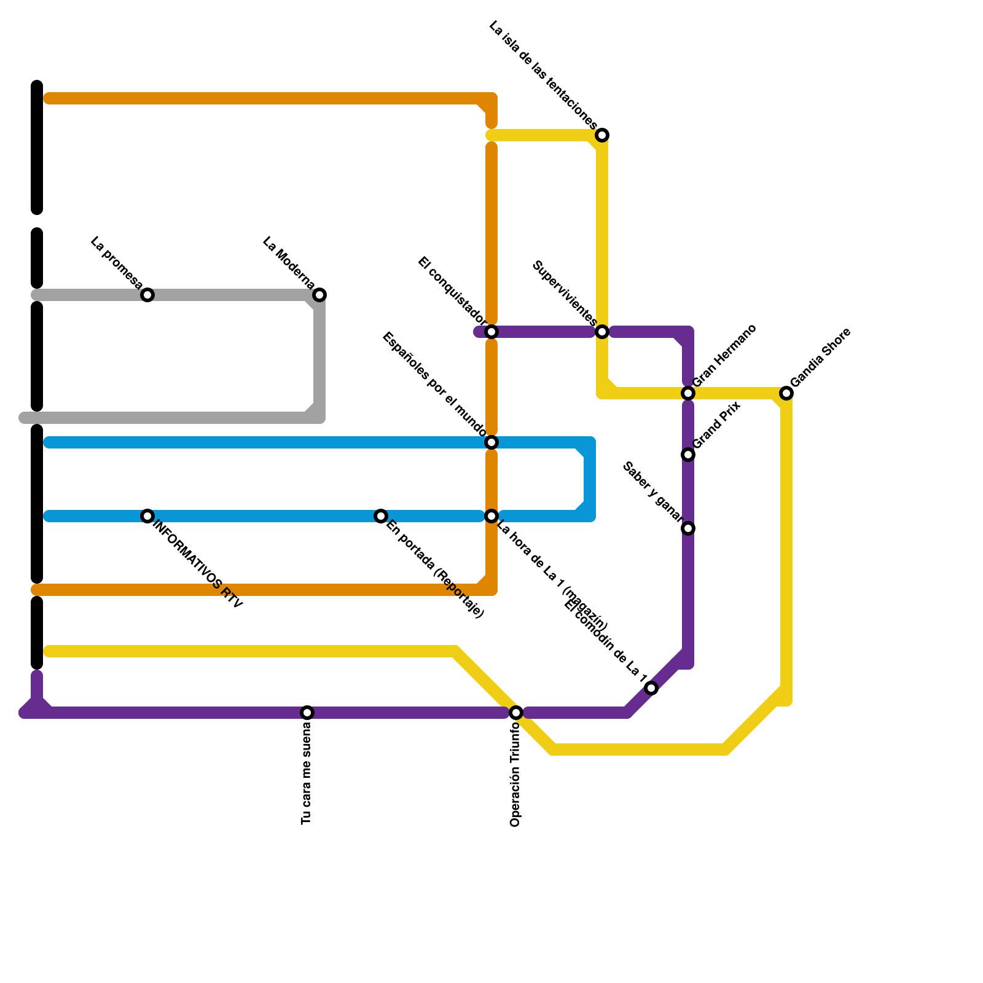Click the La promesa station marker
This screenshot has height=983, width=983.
point(147,295)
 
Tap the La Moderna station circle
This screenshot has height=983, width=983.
point(319,295)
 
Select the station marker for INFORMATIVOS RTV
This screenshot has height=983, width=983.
point(147,516)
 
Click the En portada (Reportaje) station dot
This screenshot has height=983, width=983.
point(381,516)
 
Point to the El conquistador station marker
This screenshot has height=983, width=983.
point(491,332)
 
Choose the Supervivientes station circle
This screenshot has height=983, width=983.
point(602,332)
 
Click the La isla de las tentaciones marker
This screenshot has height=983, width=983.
point(602,135)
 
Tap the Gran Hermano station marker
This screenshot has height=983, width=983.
point(688,393)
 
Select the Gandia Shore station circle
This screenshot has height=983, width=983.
point(786,393)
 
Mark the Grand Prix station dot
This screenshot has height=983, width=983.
point(688,455)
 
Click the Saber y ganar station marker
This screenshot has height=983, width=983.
point(688,528)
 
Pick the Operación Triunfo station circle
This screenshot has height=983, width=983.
point(516,713)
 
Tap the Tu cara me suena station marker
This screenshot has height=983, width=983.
point(307,713)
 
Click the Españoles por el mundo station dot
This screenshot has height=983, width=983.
point(491,442)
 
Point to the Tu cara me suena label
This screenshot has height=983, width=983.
point(307,775)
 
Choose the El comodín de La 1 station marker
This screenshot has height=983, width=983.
point(652,688)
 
